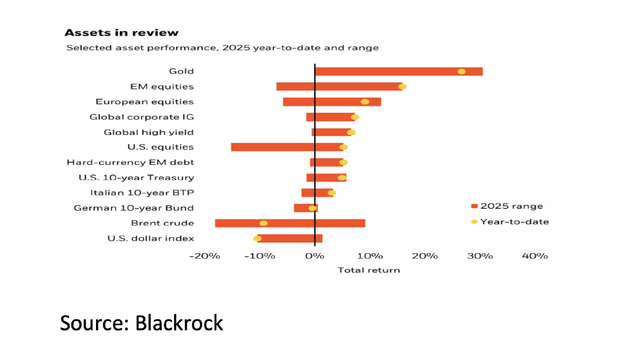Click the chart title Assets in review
(x=121, y=32)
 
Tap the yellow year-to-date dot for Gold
(x=461, y=71)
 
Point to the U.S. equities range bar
(x=276, y=147)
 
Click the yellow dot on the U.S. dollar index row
(x=257, y=238)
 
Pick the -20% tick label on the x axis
(x=205, y=256)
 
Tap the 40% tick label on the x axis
(x=534, y=256)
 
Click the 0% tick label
(x=314, y=256)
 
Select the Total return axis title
(x=368, y=270)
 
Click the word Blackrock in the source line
(x=179, y=323)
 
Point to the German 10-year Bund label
(x=134, y=208)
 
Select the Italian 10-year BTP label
(x=142, y=193)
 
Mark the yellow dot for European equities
(x=365, y=102)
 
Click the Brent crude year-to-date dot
(x=263, y=223)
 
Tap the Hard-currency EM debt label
(x=130, y=163)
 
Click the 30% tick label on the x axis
(x=480, y=256)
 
